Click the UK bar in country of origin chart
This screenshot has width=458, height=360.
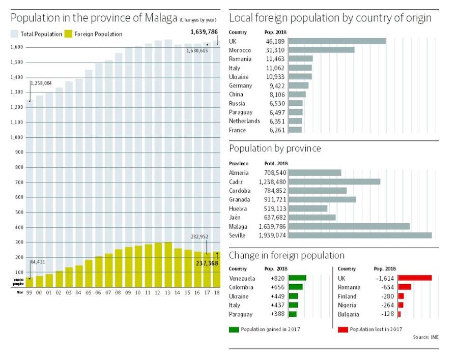tap(337, 41)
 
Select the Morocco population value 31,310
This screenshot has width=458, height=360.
tap(275, 50)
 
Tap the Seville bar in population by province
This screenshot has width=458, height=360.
tap(360, 235)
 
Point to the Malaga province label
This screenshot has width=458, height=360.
tap(238, 227)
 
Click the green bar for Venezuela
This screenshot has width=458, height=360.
tap(297, 278)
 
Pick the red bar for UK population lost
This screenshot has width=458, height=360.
tap(415, 278)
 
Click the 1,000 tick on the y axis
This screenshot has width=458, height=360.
tap(17, 137)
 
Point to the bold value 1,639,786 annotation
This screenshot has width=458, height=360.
tap(204, 32)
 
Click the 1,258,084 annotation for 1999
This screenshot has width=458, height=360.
tap(41, 83)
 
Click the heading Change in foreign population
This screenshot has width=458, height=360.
tap(287, 255)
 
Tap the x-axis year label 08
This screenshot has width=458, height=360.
tap(119, 292)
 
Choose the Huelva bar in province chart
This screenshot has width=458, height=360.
tap(308, 208)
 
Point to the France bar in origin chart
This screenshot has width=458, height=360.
tap(295, 130)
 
